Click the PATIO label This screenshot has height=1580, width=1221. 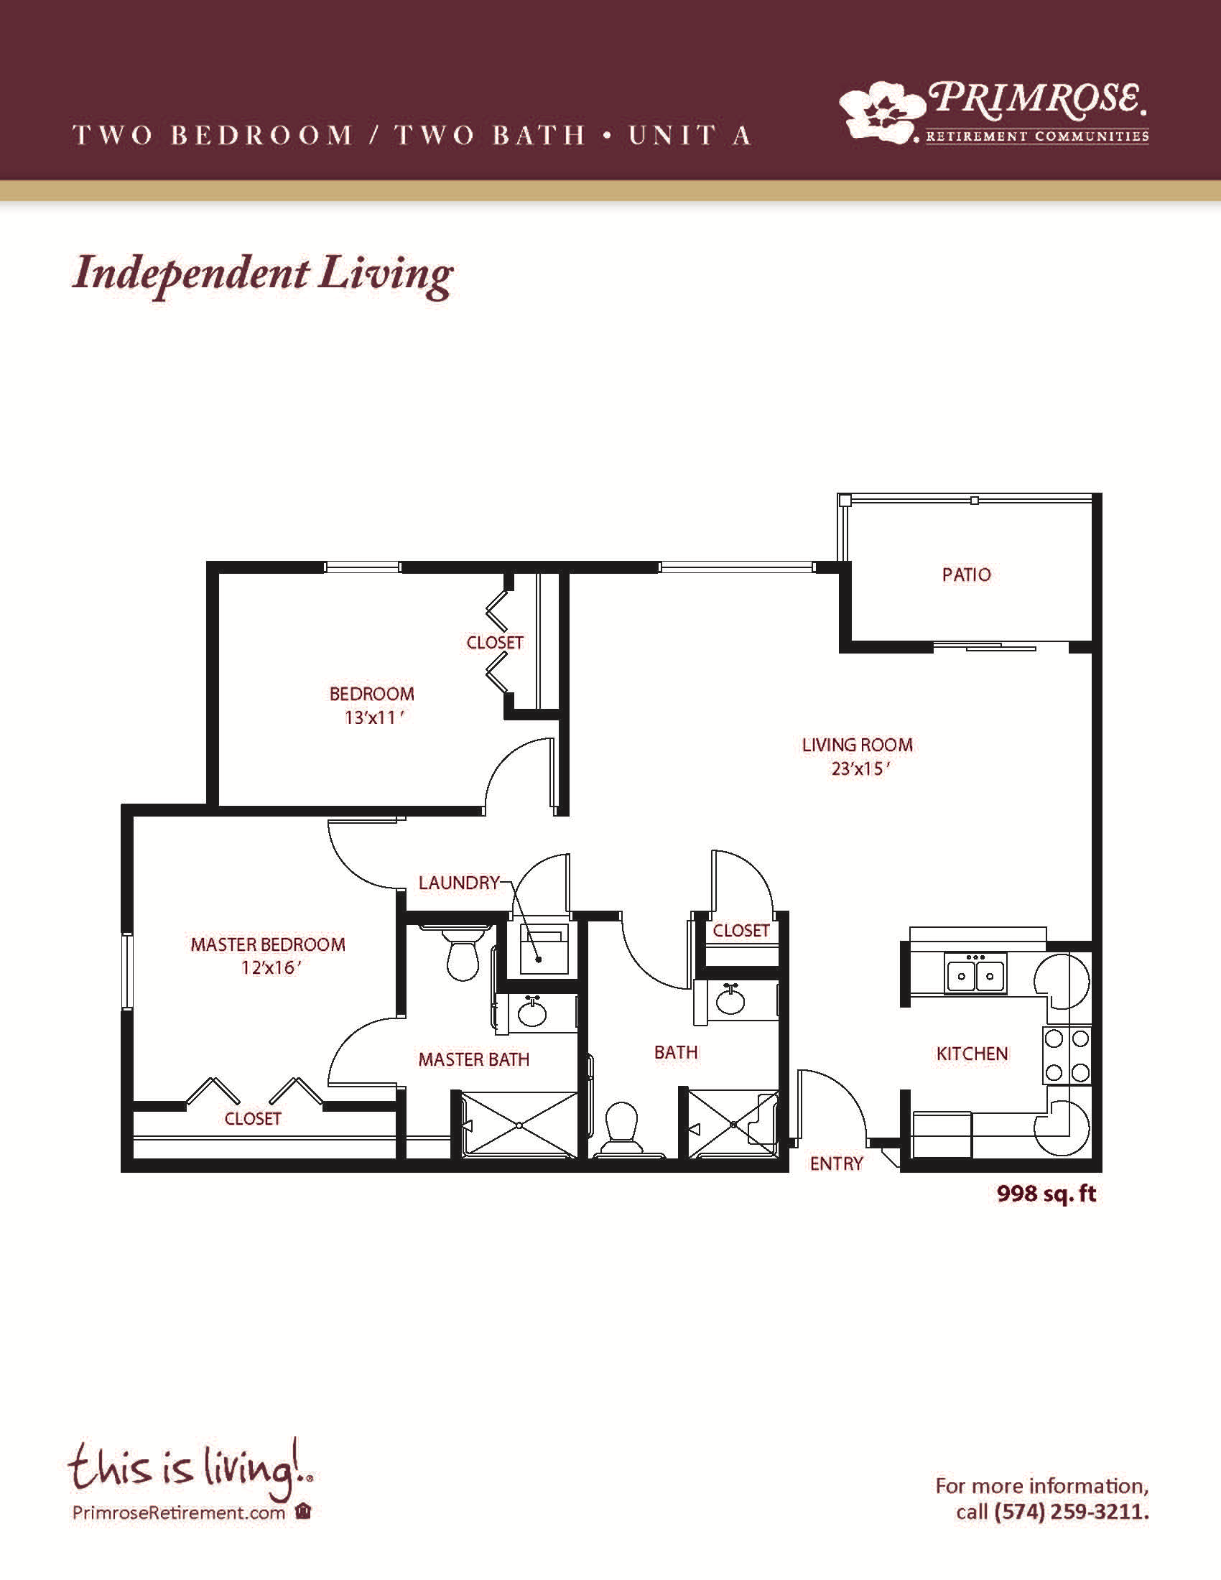(x=966, y=575)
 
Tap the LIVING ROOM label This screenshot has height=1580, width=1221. (x=857, y=745)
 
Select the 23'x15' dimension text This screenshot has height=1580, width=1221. (x=859, y=768)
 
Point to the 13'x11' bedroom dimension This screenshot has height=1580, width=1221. (x=373, y=717)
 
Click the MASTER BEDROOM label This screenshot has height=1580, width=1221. (x=269, y=944)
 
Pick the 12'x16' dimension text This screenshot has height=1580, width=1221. (x=271, y=967)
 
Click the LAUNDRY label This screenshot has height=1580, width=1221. (x=460, y=883)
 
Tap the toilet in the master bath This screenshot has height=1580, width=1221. (x=462, y=954)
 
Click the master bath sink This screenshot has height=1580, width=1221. (x=533, y=1012)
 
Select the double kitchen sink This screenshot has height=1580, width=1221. (x=975, y=974)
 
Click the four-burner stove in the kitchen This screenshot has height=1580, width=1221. (x=1067, y=1056)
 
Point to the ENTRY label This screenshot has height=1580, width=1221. (x=836, y=1163)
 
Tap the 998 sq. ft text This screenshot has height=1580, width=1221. (x=1046, y=1193)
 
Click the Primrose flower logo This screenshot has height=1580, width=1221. (x=883, y=110)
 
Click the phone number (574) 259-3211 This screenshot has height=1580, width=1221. (x=1072, y=1511)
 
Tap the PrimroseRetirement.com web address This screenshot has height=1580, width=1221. (x=179, y=1512)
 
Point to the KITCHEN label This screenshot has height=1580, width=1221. (x=972, y=1054)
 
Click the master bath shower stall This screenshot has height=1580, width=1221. (x=518, y=1125)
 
